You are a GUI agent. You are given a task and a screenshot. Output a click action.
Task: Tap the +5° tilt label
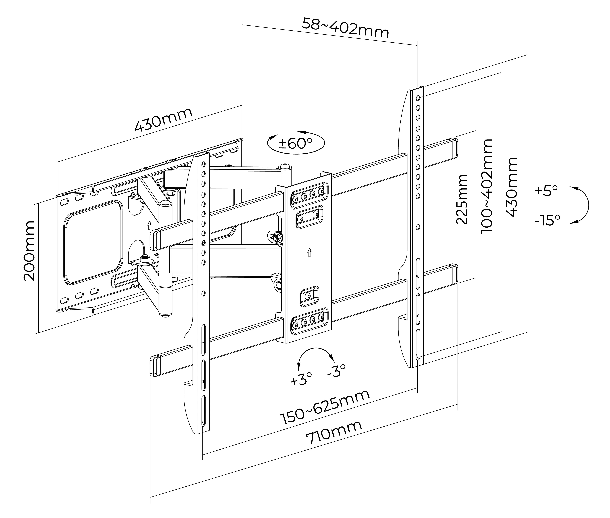point(546,190)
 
